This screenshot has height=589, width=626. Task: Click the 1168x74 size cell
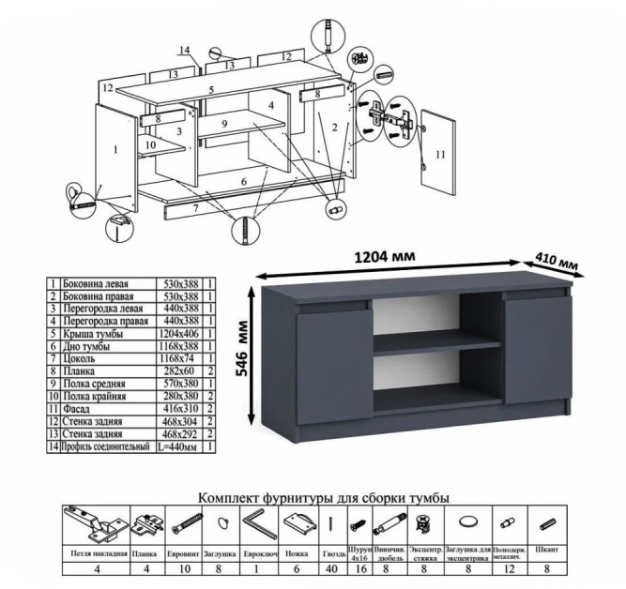pyautogui.click(x=178, y=358)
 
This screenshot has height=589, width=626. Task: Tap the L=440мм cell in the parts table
pyautogui.click(x=178, y=448)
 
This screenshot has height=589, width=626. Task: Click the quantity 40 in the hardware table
pyautogui.click(x=330, y=568)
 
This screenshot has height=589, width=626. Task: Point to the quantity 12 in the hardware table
pyautogui.click(x=508, y=568)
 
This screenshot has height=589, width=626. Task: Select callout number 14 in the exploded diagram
pyautogui.click(x=184, y=50)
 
